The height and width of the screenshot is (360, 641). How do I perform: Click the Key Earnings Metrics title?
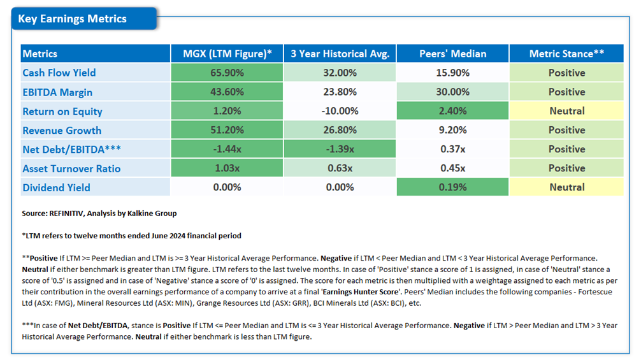tap(72, 19)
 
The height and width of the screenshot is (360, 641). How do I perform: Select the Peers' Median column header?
tap(452, 54)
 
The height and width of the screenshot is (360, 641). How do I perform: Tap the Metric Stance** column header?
tap(566, 54)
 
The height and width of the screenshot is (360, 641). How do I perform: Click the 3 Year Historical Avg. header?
tap(340, 54)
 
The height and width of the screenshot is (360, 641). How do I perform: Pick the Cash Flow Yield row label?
tap(59, 73)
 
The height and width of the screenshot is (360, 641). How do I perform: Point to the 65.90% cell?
tap(227, 73)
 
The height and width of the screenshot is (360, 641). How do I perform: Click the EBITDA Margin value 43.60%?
tap(227, 92)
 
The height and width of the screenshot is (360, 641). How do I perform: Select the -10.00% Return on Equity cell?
tap(340, 111)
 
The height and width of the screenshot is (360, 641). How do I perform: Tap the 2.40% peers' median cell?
tap(452, 111)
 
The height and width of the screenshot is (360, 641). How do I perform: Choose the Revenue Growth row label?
tap(62, 130)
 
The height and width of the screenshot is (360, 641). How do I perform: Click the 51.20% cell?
tap(227, 130)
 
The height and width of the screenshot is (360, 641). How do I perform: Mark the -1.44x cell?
tap(227, 149)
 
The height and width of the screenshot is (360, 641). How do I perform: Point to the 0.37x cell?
tap(452, 149)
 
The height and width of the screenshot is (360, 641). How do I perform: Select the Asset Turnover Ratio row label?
tap(71, 168)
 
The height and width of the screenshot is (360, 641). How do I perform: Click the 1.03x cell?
tap(227, 168)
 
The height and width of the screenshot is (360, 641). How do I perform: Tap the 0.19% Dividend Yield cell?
tap(452, 187)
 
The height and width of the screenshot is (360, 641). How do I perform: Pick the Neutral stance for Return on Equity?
tap(566, 111)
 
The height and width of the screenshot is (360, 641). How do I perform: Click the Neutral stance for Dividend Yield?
tap(566, 187)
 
